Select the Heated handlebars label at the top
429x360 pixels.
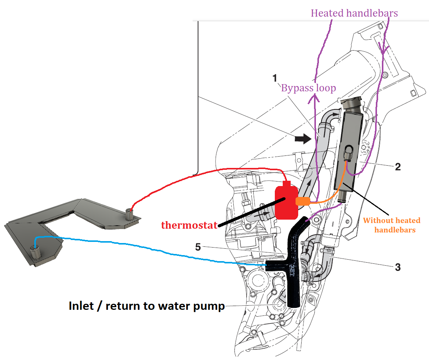tap(354, 13)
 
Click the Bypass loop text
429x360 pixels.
tap(308, 88)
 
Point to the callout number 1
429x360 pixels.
tap(275, 78)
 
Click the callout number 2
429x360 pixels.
tap(397, 166)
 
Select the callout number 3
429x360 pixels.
tap(397, 267)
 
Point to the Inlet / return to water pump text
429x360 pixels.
tap(147, 306)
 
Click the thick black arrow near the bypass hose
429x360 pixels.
tap(302, 139)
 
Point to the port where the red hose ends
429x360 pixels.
tap(130, 214)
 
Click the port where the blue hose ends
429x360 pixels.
tap(36, 251)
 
